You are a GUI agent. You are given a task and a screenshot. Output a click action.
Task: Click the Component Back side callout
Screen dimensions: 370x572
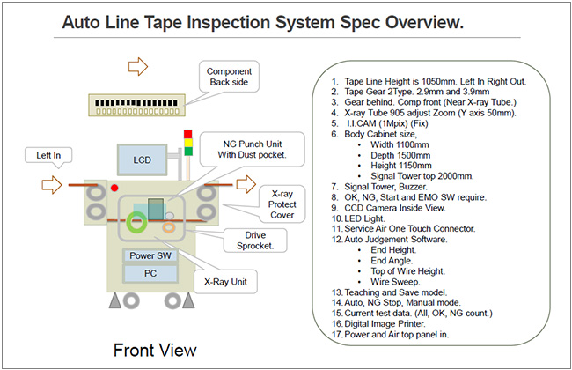pyautogui.click(x=230, y=77)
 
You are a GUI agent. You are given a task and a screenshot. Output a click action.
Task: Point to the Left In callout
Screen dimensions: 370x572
pyautogui.click(x=48, y=155)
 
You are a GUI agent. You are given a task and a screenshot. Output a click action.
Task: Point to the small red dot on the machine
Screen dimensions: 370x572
pyautogui.click(x=114, y=189)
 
